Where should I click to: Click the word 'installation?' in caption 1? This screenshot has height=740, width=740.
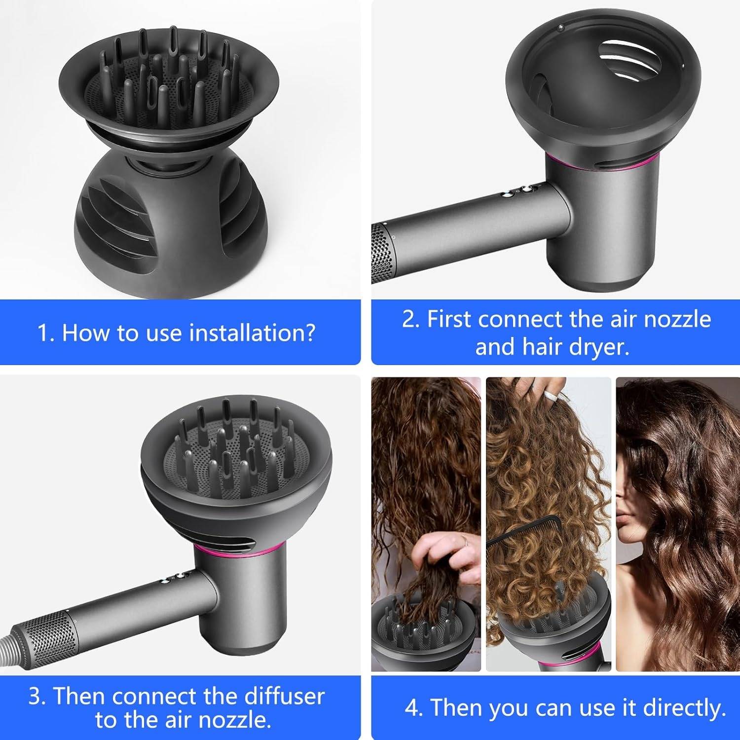(x=252, y=333)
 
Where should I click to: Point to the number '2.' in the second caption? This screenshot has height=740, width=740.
(x=410, y=319)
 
